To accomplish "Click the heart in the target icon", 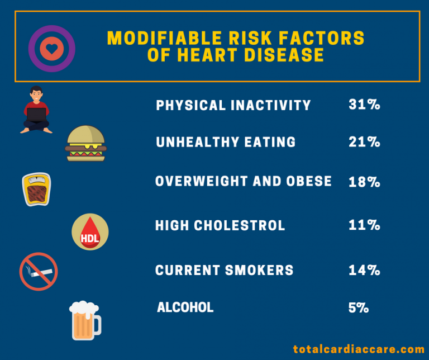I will click(51, 49).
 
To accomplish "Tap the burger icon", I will click(85, 144).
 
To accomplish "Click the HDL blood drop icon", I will click(90, 231).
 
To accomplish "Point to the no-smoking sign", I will click(39, 272).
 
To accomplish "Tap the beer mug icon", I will click(85, 320).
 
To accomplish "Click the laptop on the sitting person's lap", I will click(37, 115).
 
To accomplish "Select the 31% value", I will click(364, 105).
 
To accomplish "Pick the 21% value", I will click(364, 142).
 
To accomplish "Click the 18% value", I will click(364, 182).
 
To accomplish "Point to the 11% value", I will click(364, 225).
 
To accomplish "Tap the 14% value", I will click(364, 270).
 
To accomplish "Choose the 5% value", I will click(357, 307).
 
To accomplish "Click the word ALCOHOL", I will click(185, 307).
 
